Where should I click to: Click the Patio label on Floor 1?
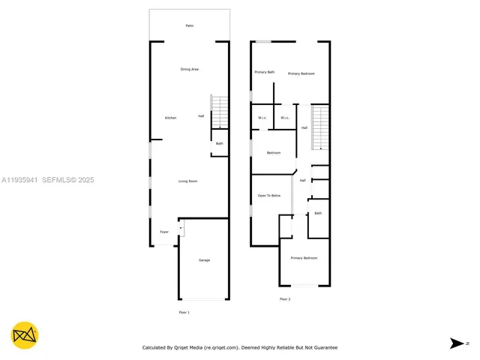click(190, 26)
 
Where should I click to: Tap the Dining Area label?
click(190, 70)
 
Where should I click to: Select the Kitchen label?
click(171, 118)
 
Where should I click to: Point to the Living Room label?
click(187, 181)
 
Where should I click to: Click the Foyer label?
click(164, 232)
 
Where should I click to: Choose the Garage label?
click(204, 260)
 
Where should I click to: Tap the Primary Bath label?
click(265, 72)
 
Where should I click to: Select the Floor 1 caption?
click(184, 312)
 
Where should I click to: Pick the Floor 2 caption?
click(285, 299)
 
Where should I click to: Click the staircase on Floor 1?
click(219, 113)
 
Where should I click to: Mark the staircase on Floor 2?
click(320, 127)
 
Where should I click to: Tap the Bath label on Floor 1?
click(220, 143)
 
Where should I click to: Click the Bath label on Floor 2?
click(318, 213)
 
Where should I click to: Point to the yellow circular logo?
click(25, 335)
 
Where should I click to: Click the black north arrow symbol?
click(457, 343)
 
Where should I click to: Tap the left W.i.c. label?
click(263, 118)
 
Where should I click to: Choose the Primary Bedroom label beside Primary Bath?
click(301, 73)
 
